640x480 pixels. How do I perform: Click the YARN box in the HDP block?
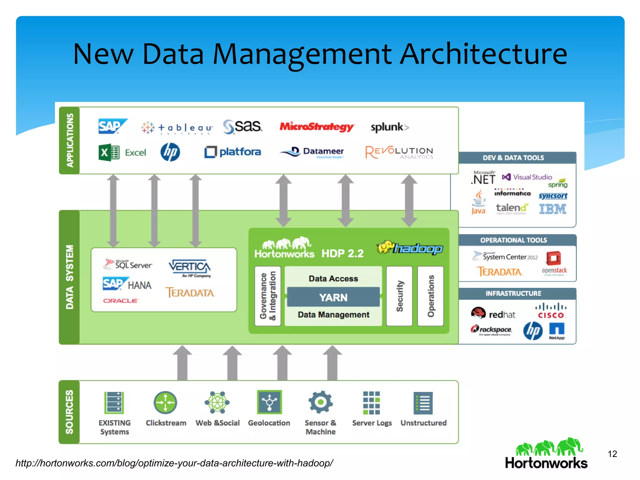point(333,297)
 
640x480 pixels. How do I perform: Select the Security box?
point(399,296)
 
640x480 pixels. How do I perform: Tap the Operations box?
point(430,296)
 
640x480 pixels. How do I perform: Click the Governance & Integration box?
point(267,296)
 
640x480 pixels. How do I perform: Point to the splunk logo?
point(389,127)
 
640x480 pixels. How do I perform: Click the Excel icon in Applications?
point(109,152)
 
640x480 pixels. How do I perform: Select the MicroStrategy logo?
point(316,127)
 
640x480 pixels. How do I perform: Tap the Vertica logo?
point(190,267)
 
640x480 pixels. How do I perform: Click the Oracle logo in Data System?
point(120,301)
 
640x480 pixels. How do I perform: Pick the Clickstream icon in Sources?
point(165,402)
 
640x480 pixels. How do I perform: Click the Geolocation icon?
point(269,402)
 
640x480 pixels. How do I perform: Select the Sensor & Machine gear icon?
point(320,402)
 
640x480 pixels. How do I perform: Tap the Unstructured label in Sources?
point(423,423)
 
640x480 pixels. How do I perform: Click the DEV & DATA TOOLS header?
point(513,158)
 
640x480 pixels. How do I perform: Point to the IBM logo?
point(552,209)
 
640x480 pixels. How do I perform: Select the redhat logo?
point(493,313)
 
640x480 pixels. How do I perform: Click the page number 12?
point(612,454)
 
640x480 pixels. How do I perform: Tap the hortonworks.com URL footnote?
point(174,463)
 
